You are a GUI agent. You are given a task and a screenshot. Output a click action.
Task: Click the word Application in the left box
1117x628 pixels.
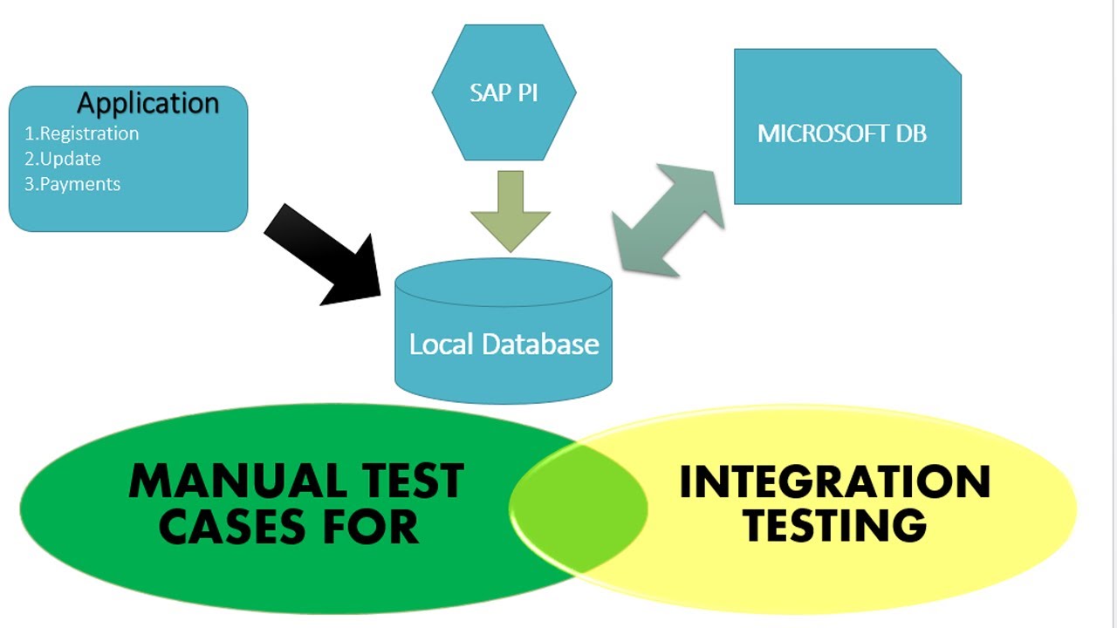pyautogui.click(x=147, y=103)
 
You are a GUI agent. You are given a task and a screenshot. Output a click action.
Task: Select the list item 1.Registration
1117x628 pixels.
pyautogui.click(x=81, y=133)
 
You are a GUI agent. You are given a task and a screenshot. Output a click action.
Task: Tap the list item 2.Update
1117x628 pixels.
pyautogui.click(x=62, y=159)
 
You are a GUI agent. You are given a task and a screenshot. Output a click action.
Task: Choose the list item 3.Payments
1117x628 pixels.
pyautogui.click(x=72, y=184)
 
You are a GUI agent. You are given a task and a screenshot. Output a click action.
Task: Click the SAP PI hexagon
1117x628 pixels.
pyautogui.click(x=504, y=92)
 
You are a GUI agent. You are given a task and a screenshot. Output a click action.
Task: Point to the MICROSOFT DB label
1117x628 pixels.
pyautogui.click(x=841, y=133)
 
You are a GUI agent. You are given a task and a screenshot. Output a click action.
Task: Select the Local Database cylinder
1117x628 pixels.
pyautogui.click(x=504, y=331)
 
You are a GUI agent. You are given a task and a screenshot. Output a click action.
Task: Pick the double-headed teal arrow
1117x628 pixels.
pyautogui.click(x=668, y=220)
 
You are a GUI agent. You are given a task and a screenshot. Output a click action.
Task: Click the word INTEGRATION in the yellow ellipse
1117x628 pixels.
pyautogui.click(x=834, y=481)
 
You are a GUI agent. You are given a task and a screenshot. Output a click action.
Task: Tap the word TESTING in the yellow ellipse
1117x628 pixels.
pyautogui.click(x=836, y=524)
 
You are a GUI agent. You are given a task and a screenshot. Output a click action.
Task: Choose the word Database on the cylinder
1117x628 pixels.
pyautogui.click(x=539, y=344)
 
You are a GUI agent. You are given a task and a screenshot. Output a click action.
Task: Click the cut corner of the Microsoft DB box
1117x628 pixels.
pyautogui.click(x=949, y=60)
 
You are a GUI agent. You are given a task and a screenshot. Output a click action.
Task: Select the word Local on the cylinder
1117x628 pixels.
pyautogui.click(x=441, y=344)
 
